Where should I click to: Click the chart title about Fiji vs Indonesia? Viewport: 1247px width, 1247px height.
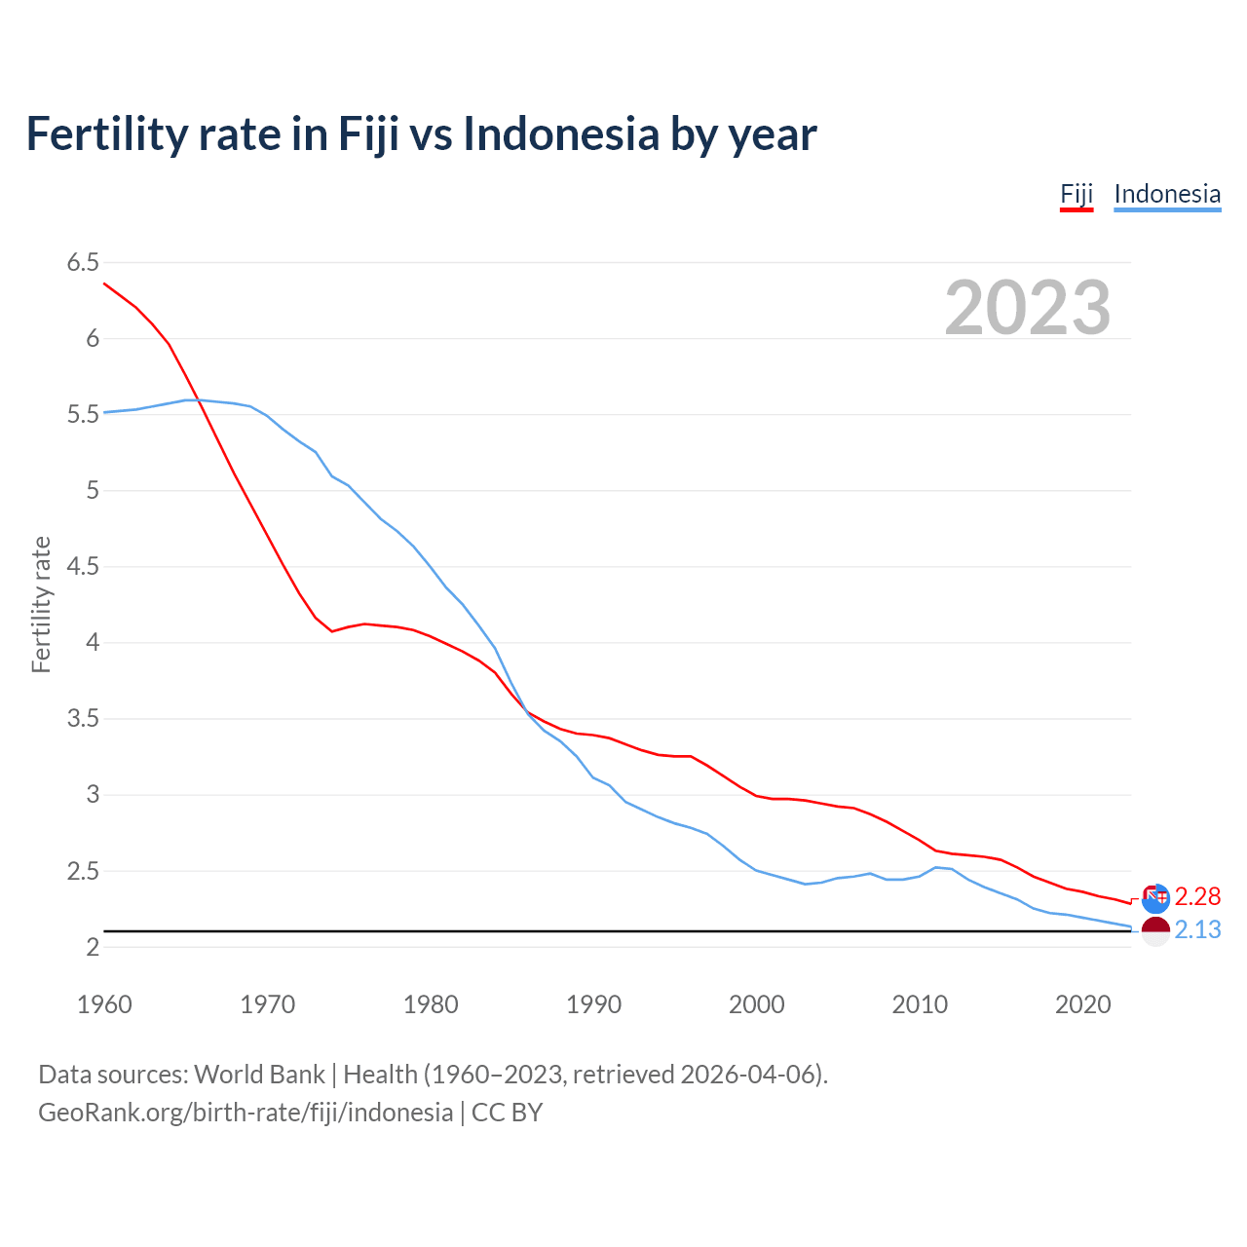(421, 133)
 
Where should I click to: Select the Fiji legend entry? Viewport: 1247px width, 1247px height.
(1077, 194)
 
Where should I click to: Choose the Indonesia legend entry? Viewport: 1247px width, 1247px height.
(1166, 194)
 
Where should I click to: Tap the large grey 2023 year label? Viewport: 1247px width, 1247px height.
(1027, 308)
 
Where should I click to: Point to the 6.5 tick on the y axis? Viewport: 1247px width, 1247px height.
(83, 262)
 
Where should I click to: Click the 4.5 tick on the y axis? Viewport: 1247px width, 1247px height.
(83, 566)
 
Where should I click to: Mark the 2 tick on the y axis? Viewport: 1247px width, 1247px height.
(93, 947)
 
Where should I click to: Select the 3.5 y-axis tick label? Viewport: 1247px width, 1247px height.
(83, 719)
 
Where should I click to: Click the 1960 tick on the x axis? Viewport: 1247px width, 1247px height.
(104, 1004)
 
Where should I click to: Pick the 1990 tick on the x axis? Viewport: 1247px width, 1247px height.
(593, 1004)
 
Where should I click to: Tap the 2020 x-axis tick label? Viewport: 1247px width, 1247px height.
(1082, 1004)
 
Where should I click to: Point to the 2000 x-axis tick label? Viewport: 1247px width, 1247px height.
(756, 1004)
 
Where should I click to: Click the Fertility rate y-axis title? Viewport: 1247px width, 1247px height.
(41, 604)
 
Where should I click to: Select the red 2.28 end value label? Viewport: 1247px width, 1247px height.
(1197, 896)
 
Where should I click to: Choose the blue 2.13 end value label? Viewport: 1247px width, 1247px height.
(1197, 930)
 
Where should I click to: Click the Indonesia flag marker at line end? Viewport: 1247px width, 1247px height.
(1155, 931)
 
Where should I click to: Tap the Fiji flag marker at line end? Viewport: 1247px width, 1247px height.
(1155, 898)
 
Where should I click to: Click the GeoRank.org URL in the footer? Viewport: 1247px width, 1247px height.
(246, 1113)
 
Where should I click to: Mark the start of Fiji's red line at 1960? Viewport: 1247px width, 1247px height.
(105, 283)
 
